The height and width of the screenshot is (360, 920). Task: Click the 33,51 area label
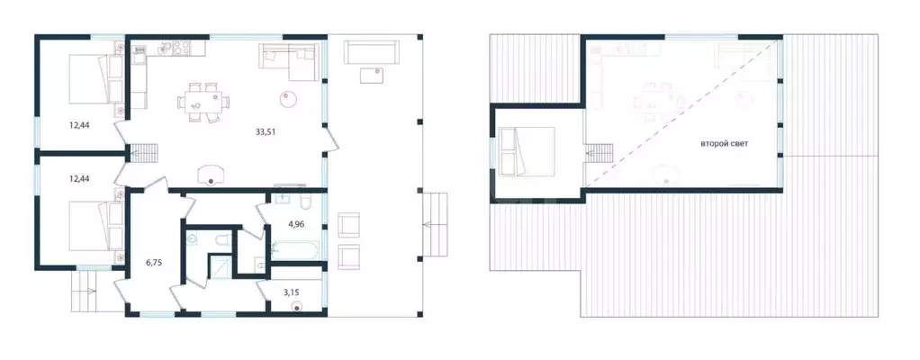[x=266, y=132]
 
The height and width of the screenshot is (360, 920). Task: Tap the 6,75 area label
[x=154, y=264]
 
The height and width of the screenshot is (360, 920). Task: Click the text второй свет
[x=725, y=144]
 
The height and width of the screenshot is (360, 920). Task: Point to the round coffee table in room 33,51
[x=287, y=99]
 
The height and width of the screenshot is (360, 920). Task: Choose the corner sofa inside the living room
[x=290, y=61]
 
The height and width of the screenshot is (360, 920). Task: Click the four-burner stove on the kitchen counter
[x=180, y=47]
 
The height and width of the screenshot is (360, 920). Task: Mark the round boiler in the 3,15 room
[x=298, y=306]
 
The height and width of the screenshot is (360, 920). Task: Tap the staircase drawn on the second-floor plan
[x=599, y=154]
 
